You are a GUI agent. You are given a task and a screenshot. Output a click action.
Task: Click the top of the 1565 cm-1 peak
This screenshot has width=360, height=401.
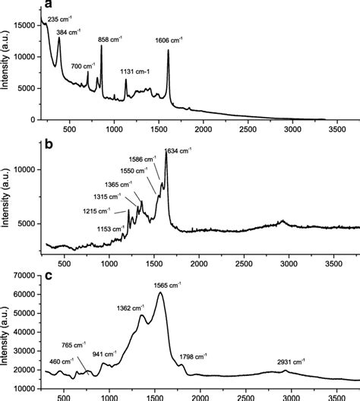pos(159,293)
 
